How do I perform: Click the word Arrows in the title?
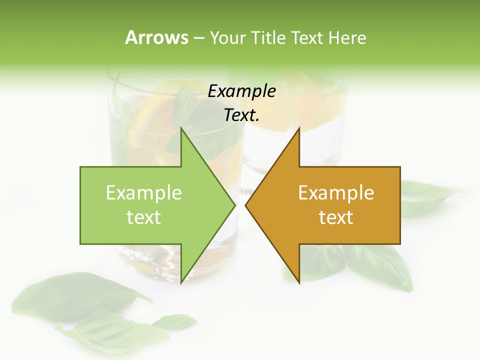[x=156, y=37]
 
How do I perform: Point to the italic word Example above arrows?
[x=242, y=91]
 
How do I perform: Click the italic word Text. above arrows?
[x=242, y=115]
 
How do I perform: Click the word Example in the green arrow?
[x=144, y=192]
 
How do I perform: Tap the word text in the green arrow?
[x=144, y=217]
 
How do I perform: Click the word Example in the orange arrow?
[x=336, y=192]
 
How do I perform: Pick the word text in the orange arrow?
[x=336, y=217]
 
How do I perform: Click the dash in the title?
[x=198, y=38]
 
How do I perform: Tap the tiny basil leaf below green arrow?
[x=175, y=320]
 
